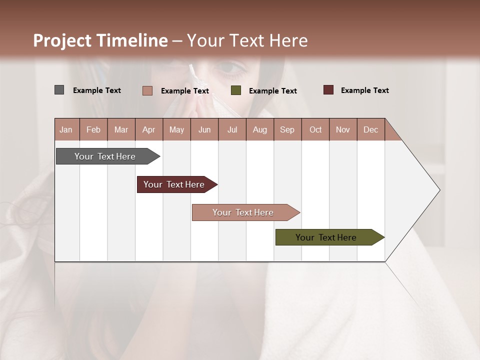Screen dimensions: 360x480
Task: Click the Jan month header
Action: pyautogui.click(x=66, y=129)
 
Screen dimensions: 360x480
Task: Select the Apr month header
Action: pyautogui.click(x=149, y=129)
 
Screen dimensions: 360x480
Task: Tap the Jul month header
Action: pyautogui.click(x=232, y=129)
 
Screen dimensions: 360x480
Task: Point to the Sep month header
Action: pyautogui.click(x=287, y=129)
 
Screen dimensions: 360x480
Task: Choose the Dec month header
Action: pyautogui.click(x=370, y=129)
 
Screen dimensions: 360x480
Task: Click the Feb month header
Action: pyautogui.click(x=93, y=129)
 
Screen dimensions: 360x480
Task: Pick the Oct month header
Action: pyautogui.click(x=315, y=129)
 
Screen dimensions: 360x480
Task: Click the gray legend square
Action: pyautogui.click(x=59, y=90)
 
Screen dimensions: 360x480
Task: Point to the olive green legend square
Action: pyautogui.click(x=236, y=90)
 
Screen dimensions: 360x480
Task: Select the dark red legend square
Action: pyautogui.click(x=328, y=90)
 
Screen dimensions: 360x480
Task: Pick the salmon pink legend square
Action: pyautogui.click(x=147, y=90)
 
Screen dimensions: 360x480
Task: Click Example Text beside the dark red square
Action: pyautogui.click(x=364, y=90)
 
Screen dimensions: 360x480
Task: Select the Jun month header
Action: pyautogui.click(x=204, y=129)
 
